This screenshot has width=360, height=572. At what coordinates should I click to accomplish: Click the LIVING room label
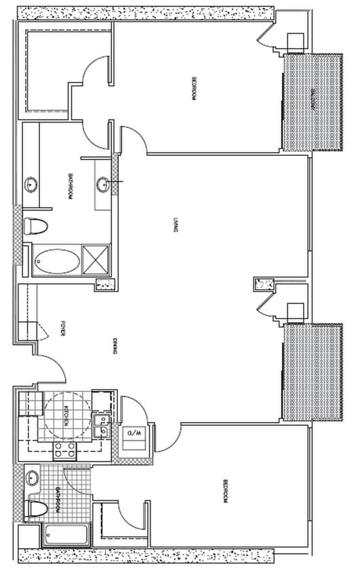click(x=175, y=225)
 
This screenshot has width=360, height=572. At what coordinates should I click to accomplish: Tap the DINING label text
click(x=117, y=348)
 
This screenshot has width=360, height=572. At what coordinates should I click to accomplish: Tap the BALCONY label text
click(x=314, y=101)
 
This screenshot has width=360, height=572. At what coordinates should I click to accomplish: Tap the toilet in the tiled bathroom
click(x=35, y=508)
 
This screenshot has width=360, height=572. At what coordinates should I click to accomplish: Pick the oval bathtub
click(x=56, y=260)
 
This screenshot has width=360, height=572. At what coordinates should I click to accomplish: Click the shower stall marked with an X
click(x=96, y=258)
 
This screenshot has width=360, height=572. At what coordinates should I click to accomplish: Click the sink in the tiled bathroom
click(x=32, y=478)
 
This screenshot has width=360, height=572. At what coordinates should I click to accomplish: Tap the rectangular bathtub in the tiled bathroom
click(x=65, y=535)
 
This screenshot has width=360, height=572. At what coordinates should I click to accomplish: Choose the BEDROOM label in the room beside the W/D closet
click(x=224, y=492)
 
